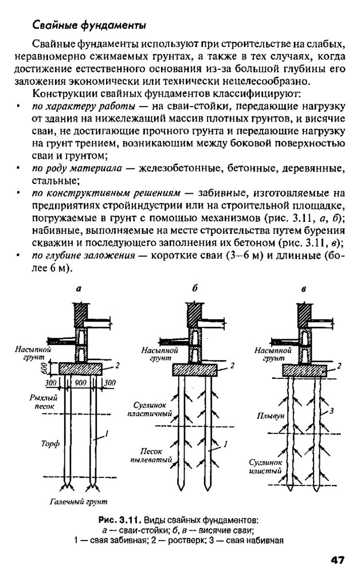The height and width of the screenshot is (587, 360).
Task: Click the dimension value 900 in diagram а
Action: (x=80, y=383)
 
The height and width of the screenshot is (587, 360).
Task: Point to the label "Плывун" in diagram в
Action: (x=267, y=417)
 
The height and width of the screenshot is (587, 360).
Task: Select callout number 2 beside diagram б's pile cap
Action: (x=232, y=365)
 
